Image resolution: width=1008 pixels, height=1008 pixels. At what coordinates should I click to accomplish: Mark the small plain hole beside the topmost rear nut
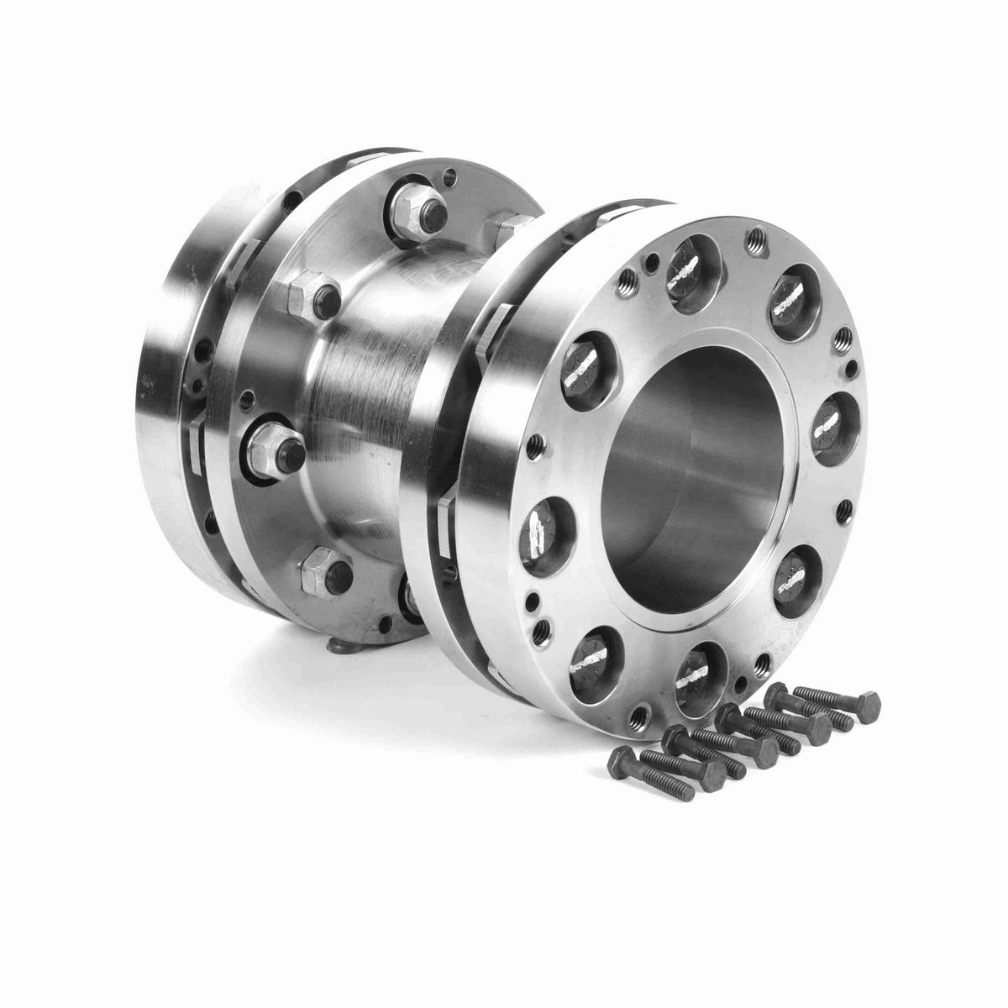tap(453, 176)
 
